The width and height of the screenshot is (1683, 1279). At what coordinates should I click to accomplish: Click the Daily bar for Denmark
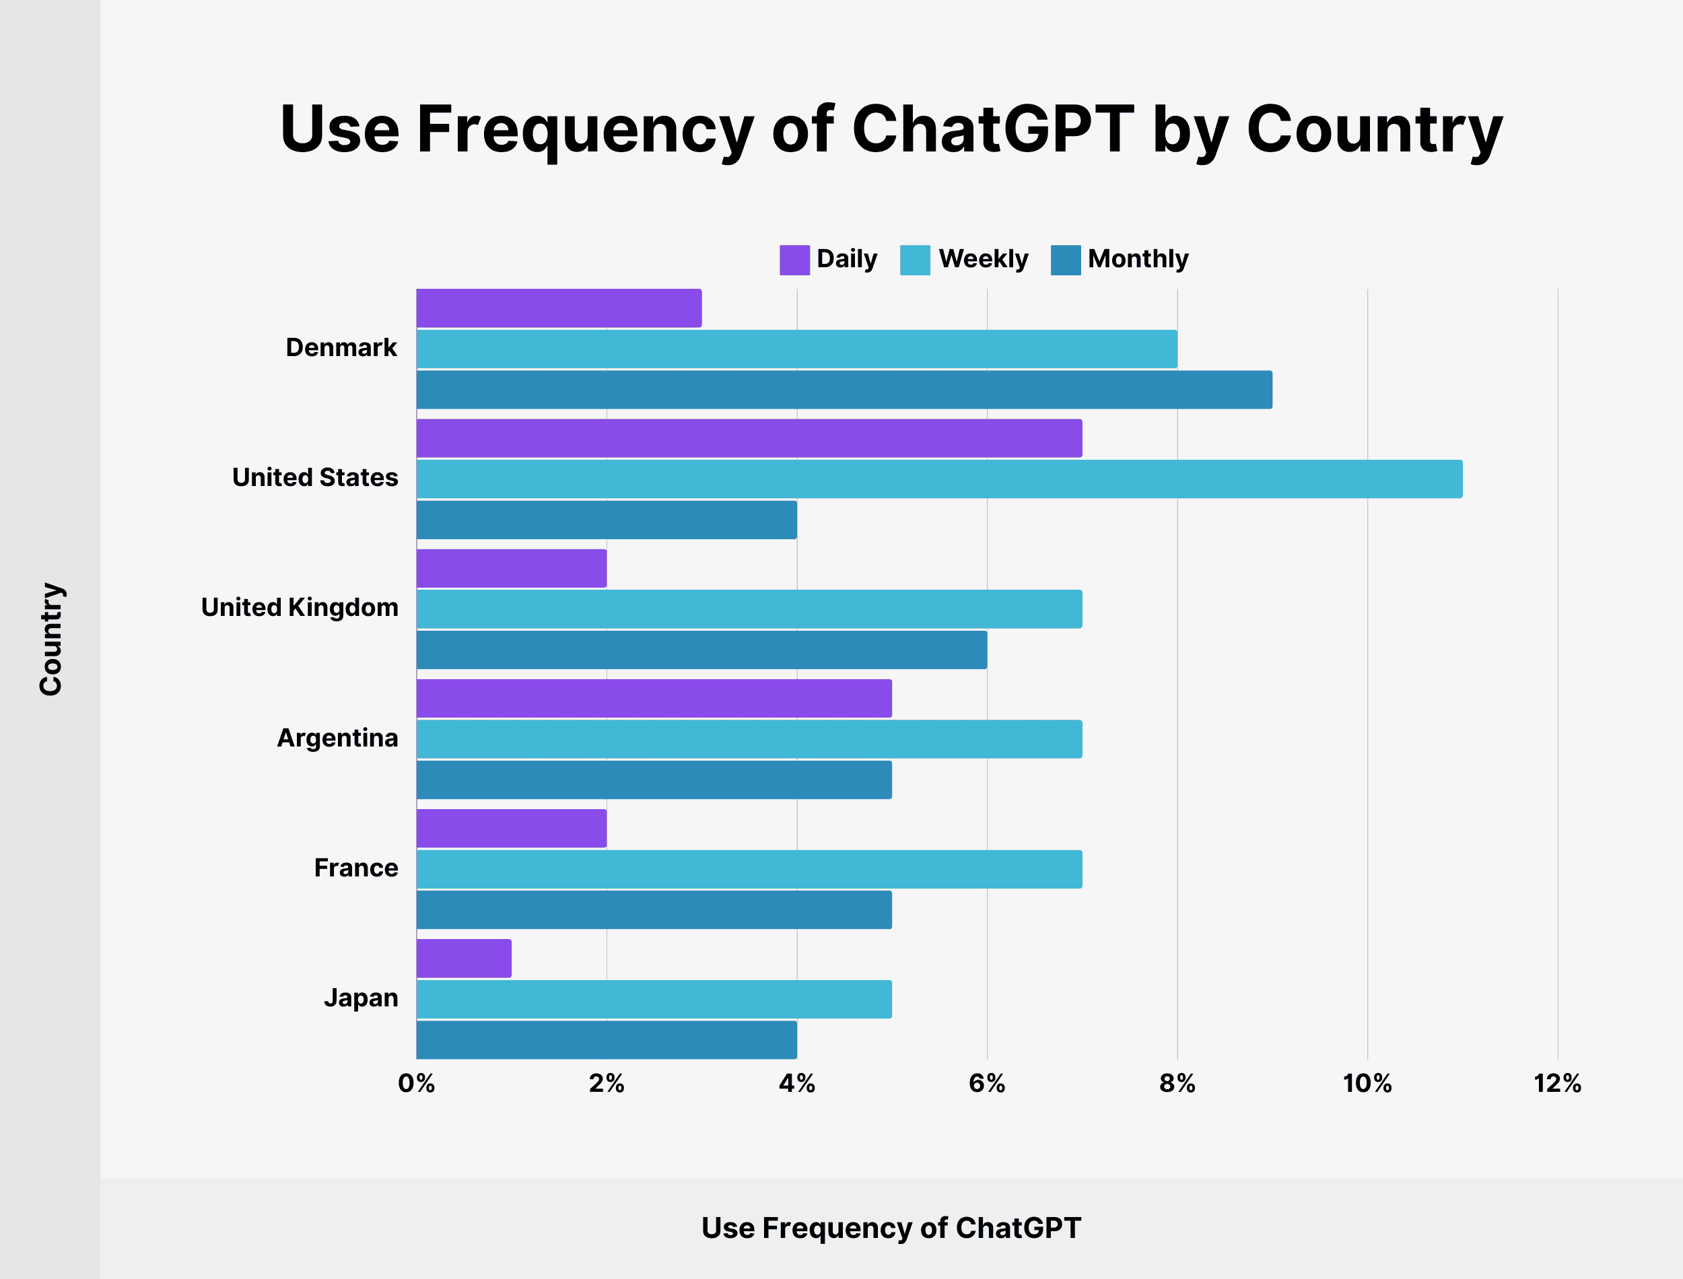[x=558, y=308]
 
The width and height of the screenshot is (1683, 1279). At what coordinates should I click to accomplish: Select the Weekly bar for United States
[x=938, y=479]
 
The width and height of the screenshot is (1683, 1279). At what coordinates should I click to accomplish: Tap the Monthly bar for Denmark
[x=844, y=390]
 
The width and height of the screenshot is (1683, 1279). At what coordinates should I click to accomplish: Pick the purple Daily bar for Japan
[x=464, y=959]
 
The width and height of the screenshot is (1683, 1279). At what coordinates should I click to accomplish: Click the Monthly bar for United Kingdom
[x=701, y=650]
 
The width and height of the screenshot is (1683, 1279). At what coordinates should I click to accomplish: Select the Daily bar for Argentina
[x=654, y=698]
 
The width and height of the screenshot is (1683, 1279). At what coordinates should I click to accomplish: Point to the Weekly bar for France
[x=749, y=870]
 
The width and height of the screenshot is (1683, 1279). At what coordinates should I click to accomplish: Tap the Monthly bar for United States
[x=606, y=520]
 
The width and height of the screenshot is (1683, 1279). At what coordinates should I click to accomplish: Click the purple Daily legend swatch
[x=794, y=260]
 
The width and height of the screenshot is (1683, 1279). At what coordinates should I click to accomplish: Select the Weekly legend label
[x=983, y=259]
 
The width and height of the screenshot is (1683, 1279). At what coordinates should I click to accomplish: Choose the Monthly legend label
[x=1137, y=259]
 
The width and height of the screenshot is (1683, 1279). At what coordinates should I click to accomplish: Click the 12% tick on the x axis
[x=1557, y=1083]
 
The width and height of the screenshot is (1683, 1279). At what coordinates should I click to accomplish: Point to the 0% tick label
[x=416, y=1083]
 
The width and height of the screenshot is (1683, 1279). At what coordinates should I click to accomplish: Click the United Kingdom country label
[x=299, y=607]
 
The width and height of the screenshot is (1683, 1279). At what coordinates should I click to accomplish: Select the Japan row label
[x=361, y=998]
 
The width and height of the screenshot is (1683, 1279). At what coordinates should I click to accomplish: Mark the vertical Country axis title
[x=51, y=639]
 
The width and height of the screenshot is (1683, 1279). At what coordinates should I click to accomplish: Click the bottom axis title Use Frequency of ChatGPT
[x=891, y=1228]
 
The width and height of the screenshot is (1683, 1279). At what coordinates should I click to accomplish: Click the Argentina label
[x=337, y=738]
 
